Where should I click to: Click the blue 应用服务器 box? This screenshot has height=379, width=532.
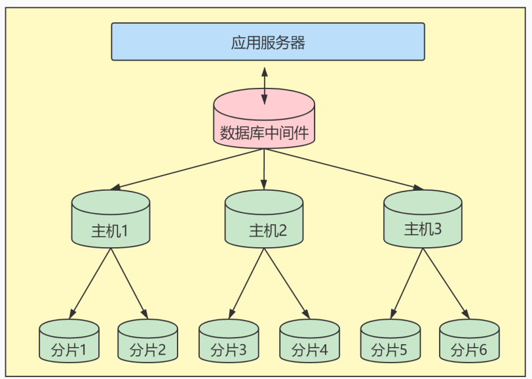coord(267,41)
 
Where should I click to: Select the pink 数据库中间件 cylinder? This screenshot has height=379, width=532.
coord(265,122)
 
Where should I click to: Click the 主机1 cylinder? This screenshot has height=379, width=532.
coord(111,219)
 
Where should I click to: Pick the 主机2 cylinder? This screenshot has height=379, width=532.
coord(264,220)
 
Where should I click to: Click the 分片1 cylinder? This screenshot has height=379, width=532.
coord(69,341)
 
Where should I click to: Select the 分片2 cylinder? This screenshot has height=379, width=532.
coord(147,341)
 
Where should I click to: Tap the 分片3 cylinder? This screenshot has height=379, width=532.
coord(229,341)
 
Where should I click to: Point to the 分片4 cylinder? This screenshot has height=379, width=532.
coord(309,341)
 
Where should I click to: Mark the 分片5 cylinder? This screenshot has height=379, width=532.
coord(390,341)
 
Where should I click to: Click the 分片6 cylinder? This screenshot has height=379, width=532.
coord(469,341)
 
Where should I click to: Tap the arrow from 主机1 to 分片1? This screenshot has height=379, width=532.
coord(90,282)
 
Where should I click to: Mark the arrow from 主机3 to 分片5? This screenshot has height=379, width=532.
coord(408,282)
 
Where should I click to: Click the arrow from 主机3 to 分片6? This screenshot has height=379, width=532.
coord(447,282)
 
